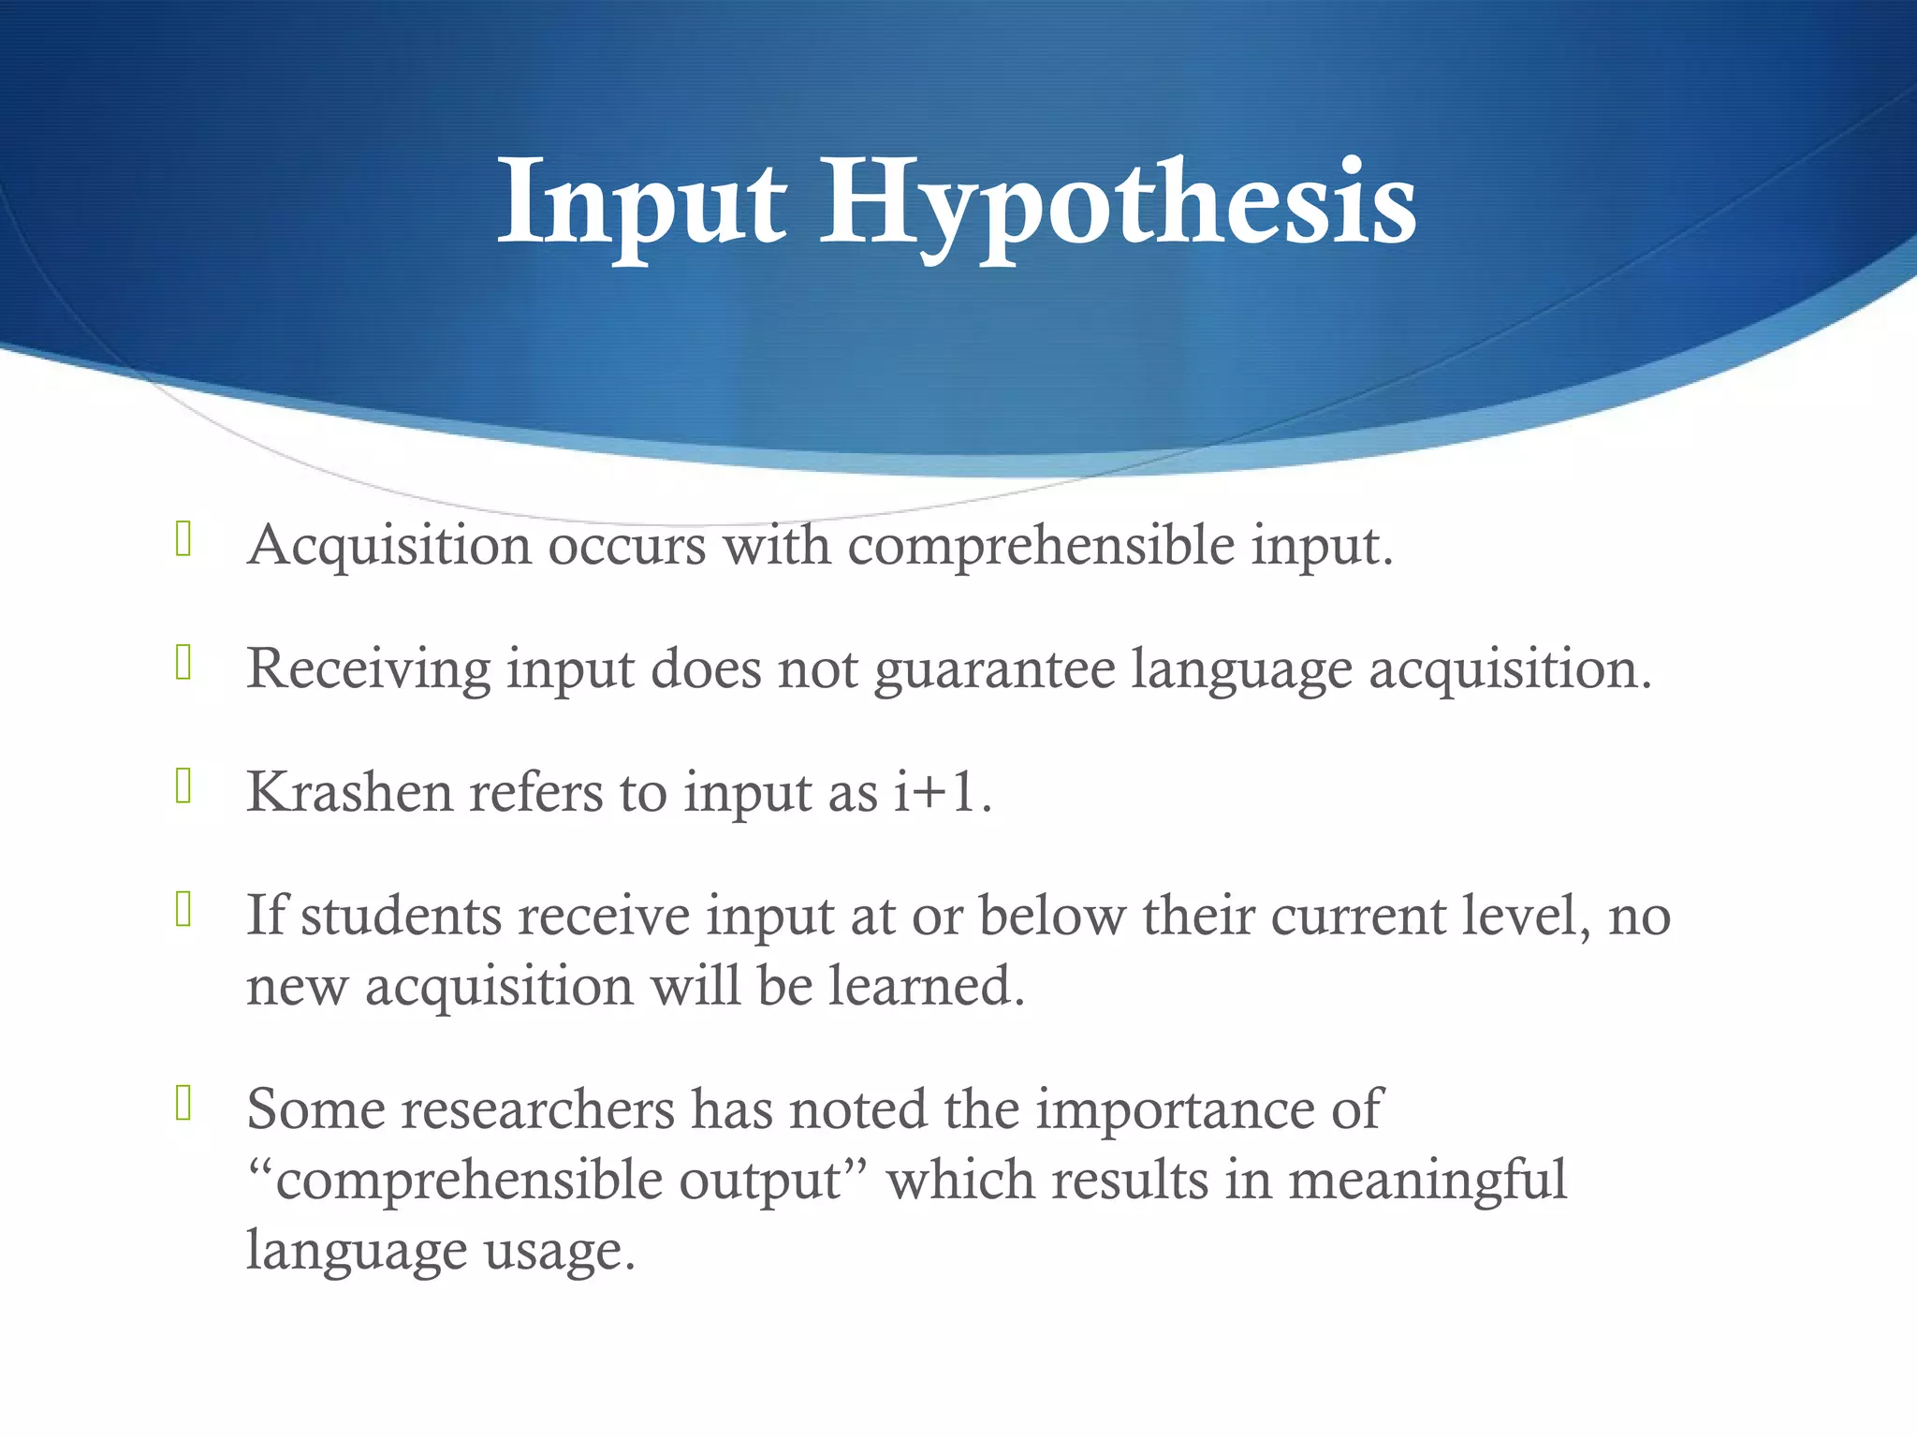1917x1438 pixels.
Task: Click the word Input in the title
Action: coord(641,203)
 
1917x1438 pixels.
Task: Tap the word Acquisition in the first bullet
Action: coord(388,545)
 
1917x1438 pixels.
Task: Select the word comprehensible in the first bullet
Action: coord(1041,545)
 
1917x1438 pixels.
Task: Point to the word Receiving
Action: coord(368,668)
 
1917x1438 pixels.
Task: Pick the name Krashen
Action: coord(349,792)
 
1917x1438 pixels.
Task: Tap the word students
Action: coord(402,916)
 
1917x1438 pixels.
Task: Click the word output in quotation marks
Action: coord(761,1180)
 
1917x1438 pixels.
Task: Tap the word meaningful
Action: coord(1427,1180)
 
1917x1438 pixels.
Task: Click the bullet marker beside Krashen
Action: coord(183,786)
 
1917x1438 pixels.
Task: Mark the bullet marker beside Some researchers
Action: coord(183,1104)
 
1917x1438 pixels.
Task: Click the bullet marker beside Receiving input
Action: coord(183,663)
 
